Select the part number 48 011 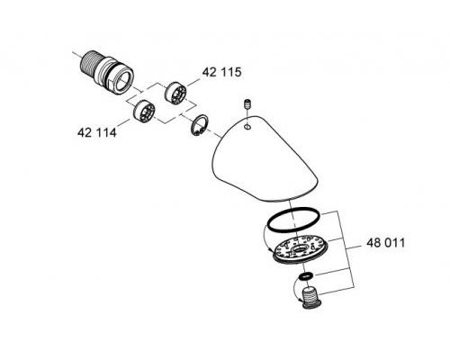point(386,243)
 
